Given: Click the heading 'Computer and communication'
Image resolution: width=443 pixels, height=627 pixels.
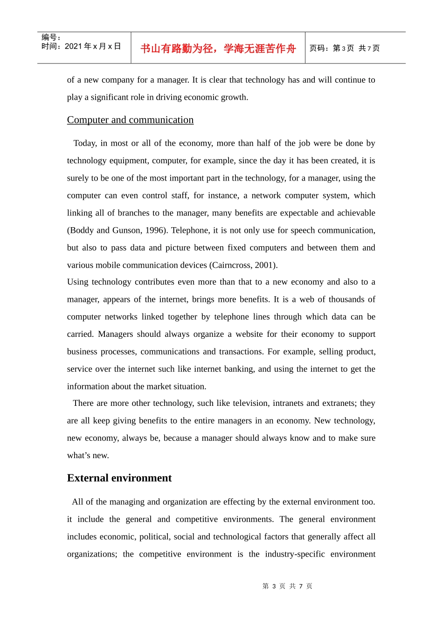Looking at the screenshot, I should (130, 120).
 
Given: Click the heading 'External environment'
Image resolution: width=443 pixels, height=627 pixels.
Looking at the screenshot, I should (119, 478).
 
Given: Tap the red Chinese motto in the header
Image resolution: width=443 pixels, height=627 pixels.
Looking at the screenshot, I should (218, 49).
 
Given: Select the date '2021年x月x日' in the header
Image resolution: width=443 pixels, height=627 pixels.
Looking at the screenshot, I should (93, 46).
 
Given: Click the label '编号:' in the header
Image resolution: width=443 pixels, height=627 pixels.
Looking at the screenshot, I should (51, 37).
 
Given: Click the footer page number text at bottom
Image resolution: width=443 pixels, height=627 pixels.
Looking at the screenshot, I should (287, 586).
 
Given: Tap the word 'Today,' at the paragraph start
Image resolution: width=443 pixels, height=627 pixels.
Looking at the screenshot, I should (85, 143).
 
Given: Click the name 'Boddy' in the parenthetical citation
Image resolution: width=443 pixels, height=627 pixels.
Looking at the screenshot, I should (82, 230).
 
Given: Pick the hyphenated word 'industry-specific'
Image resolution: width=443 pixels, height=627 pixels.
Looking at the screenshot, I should (295, 554).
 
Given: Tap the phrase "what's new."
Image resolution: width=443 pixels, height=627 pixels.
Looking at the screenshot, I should (88, 455).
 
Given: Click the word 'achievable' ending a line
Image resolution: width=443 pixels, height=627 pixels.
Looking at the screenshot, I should (356, 213).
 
